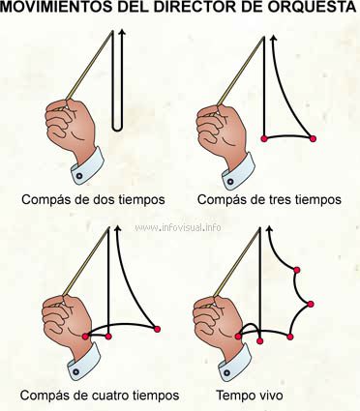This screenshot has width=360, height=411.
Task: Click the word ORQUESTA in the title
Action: tap(313, 7)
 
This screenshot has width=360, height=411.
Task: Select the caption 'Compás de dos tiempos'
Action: tap(93, 199)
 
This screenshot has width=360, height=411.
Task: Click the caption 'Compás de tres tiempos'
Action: tap(269, 199)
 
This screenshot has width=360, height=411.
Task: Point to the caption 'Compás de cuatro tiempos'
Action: tap(100, 395)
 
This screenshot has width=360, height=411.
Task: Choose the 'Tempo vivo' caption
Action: tap(250, 395)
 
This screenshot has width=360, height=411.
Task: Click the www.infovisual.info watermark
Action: tap(178, 227)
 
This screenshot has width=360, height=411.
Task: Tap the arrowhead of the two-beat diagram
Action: tap(122, 32)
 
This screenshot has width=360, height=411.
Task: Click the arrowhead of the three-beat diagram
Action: tap(274, 39)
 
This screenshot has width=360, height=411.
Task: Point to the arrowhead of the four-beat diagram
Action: tap(117, 228)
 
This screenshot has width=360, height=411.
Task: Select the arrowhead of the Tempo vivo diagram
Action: tap(269, 229)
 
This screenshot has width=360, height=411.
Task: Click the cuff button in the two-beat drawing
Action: tap(79, 176)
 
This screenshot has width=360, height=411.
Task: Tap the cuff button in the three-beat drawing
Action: tap(230, 182)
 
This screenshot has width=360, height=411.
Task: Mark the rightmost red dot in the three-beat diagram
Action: tap(313, 138)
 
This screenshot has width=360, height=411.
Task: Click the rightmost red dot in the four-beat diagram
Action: tap(157, 329)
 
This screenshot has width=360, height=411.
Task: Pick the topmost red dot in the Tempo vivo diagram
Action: tap(297, 270)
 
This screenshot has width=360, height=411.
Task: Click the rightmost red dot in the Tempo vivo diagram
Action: tap(311, 304)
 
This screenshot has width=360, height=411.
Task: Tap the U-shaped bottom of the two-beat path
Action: tap(117, 129)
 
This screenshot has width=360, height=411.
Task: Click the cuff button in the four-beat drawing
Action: tap(75, 371)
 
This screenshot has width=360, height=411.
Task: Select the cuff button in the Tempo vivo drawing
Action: tap(226, 372)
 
